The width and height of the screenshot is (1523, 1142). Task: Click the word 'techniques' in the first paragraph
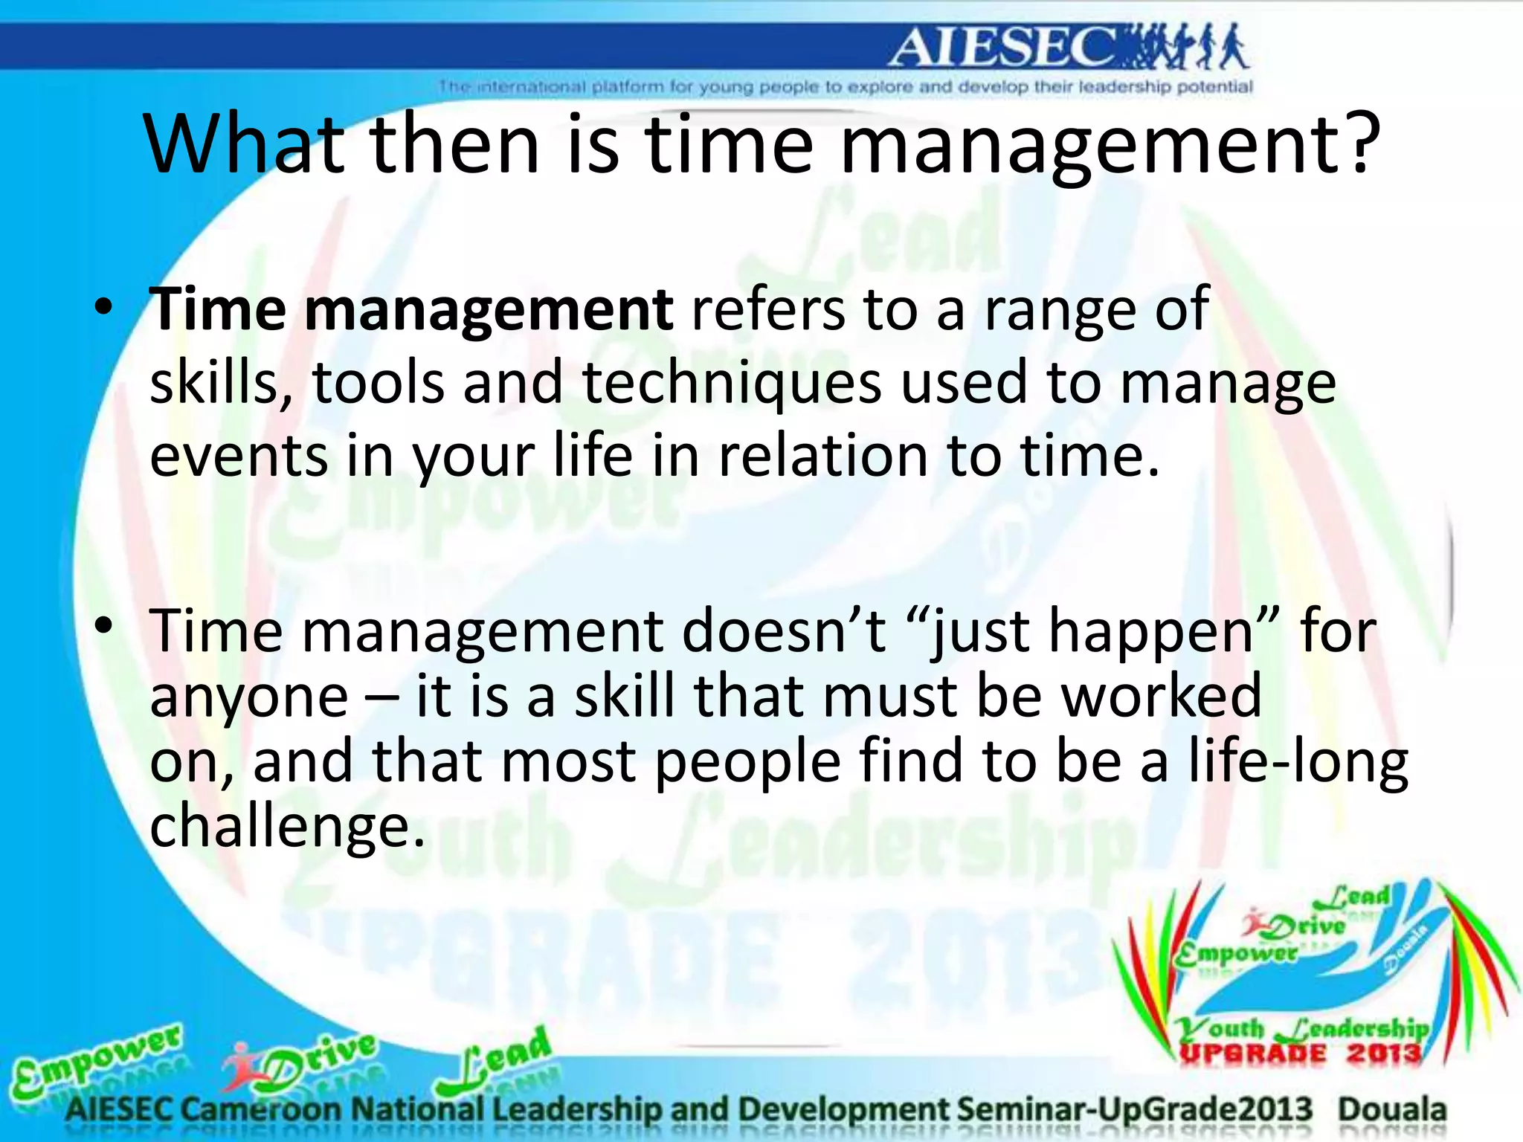click(732, 384)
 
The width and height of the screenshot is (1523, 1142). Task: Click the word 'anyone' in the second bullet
click(249, 697)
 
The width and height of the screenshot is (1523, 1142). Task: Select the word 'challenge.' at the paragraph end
click(287, 827)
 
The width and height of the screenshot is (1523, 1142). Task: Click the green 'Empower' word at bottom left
click(97, 1059)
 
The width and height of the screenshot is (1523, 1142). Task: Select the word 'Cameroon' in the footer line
click(260, 1110)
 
